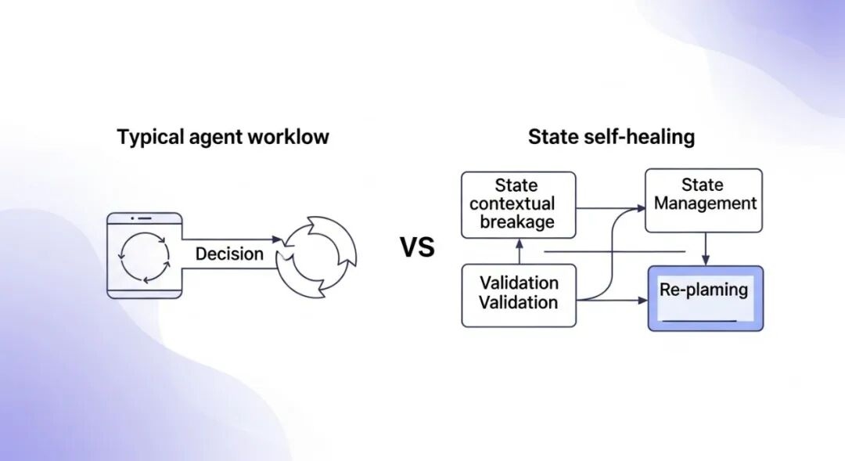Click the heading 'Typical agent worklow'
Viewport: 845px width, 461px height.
click(x=223, y=138)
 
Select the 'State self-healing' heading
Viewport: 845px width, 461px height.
click(x=611, y=138)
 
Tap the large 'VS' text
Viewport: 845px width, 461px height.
click(x=417, y=248)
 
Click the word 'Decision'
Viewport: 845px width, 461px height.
click(x=229, y=254)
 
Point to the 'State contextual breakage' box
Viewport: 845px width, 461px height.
click(x=518, y=203)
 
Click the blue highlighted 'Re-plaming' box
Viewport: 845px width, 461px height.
click(x=705, y=298)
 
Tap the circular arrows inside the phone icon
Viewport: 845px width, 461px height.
click(x=144, y=255)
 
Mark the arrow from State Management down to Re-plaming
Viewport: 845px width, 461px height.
click(x=705, y=249)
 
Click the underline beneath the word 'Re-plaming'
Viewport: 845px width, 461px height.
click(x=698, y=320)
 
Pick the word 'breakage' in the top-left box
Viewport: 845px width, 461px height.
click(x=518, y=222)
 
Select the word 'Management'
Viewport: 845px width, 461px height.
click(x=705, y=204)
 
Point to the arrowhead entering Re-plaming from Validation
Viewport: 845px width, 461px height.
click(x=642, y=299)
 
